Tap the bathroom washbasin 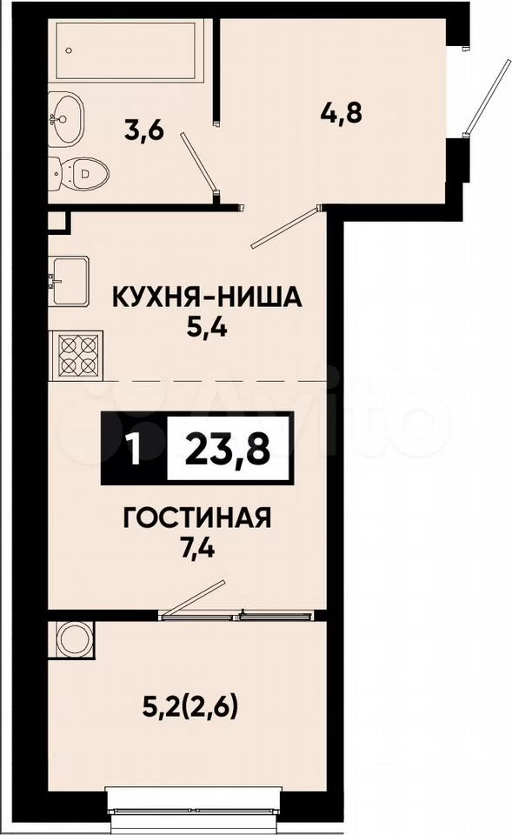67,118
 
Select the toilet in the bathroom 79,172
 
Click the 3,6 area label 143,130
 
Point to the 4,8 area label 342,112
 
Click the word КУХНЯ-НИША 207,298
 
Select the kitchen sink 70,281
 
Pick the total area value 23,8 229,450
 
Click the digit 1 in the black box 135,450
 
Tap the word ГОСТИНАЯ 197,518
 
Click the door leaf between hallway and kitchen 286,227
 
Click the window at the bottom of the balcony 193,805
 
